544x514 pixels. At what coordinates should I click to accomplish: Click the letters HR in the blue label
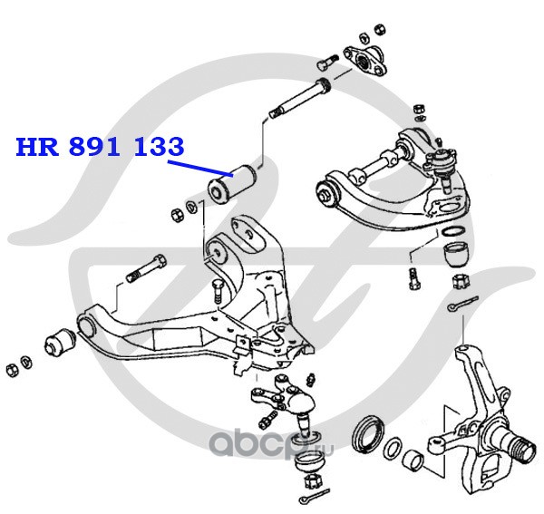tap(36, 147)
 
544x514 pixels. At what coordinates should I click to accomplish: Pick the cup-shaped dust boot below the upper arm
tap(455, 250)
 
